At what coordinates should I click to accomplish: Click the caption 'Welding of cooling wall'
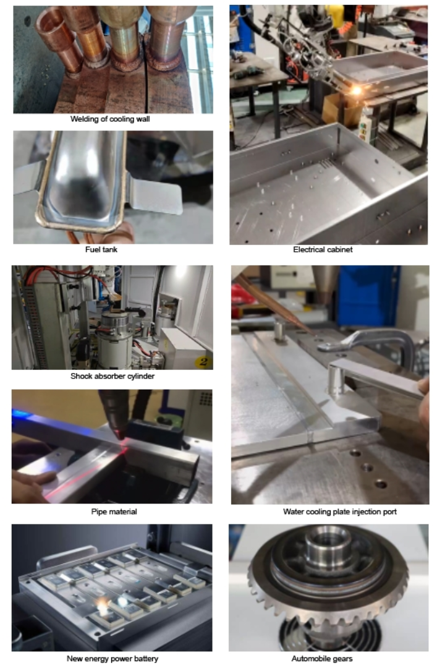click(110, 119)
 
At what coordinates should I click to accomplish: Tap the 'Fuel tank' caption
click(101, 249)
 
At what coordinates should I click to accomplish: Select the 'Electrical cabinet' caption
click(323, 249)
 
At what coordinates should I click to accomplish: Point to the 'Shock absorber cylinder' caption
click(112, 376)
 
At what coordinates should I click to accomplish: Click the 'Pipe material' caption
click(114, 512)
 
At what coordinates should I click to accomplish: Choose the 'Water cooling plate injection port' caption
click(340, 512)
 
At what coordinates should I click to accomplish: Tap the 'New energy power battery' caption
click(112, 658)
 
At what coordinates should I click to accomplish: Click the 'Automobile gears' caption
click(322, 658)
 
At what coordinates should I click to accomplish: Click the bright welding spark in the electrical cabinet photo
click(356, 90)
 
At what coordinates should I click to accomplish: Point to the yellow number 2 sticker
click(203, 362)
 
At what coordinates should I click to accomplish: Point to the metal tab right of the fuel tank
click(155, 195)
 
